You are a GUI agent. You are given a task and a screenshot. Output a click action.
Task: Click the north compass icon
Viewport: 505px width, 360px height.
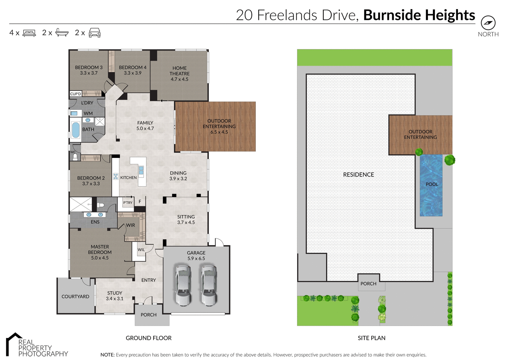[488, 23]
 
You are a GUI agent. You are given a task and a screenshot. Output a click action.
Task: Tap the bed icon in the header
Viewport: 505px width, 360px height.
[29, 33]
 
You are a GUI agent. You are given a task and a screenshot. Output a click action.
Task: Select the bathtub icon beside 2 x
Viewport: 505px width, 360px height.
[62, 33]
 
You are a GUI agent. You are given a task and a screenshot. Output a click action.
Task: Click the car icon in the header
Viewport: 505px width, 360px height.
[95, 33]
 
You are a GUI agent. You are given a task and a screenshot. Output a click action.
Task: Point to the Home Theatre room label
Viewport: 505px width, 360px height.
[179, 71]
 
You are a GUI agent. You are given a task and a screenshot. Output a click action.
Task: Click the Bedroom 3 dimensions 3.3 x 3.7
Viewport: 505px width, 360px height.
[89, 73]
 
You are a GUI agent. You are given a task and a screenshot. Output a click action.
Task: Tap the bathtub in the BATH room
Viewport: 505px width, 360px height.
[76, 130]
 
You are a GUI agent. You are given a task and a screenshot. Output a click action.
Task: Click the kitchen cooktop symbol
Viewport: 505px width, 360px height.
[115, 176]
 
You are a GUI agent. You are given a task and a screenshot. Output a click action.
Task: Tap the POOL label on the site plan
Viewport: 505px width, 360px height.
[432, 184]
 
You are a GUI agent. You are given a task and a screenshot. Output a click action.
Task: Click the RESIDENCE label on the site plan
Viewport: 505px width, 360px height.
[359, 174]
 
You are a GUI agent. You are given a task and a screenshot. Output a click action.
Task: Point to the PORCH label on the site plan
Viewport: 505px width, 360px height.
[368, 284]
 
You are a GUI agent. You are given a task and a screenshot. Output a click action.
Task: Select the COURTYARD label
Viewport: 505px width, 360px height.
[75, 296]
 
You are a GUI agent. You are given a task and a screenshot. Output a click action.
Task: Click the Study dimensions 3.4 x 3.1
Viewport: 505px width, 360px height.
[114, 299]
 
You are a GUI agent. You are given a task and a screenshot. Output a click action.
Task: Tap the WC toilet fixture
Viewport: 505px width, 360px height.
[75, 157]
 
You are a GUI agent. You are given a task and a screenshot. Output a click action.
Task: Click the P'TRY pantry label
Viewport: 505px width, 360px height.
[128, 203]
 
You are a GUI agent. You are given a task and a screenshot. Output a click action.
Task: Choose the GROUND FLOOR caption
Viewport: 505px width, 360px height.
[148, 338]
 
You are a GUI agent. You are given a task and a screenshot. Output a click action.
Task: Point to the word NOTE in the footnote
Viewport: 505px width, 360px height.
[107, 355]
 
